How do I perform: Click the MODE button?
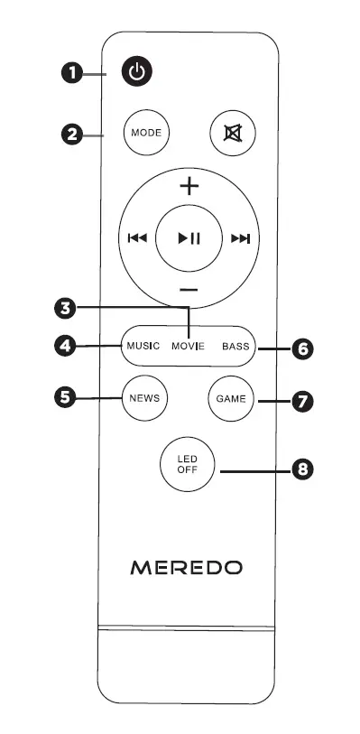coord(145,133)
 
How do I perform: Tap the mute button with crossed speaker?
coord(233,133)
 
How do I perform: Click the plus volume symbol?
coord(189,188)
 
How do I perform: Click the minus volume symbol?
coord(189,290)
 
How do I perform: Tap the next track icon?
coord(240,239)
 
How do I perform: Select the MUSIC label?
coord(143,346)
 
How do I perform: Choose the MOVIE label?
coord(189,346)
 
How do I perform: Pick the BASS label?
coord(235,346)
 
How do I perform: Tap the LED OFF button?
coord(187,465)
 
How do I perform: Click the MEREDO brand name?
coord(188,568)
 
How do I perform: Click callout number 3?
coord(64,308)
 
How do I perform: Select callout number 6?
coord(304,348)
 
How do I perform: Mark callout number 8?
coord(304,469)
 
